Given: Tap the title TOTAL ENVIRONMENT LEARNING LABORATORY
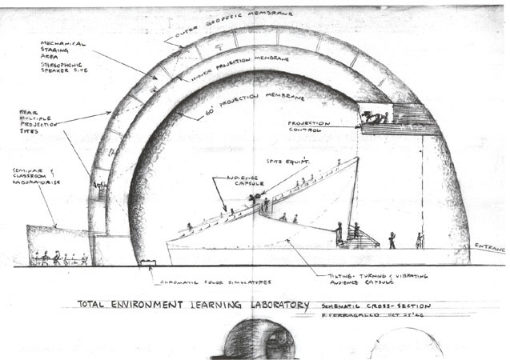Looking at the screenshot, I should (192, 305).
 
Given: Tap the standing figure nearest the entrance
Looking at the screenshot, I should (418, 240).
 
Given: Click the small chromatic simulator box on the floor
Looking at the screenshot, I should (147, 262).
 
